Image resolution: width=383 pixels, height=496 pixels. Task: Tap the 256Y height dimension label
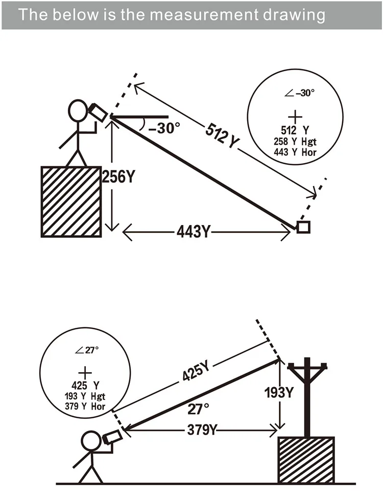(118, 176)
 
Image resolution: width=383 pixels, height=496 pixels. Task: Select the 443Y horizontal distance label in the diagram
(193, 232)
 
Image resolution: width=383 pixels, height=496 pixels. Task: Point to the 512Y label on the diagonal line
(222, 137)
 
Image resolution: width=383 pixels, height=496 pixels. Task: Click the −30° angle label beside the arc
(164, 128)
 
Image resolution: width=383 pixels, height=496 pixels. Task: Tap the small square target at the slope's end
(303, 227)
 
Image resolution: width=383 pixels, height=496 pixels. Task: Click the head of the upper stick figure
(78, 110)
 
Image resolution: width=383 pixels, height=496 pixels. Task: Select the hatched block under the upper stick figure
(71, 202)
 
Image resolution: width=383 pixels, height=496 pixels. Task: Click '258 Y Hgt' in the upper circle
(295, 142)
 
